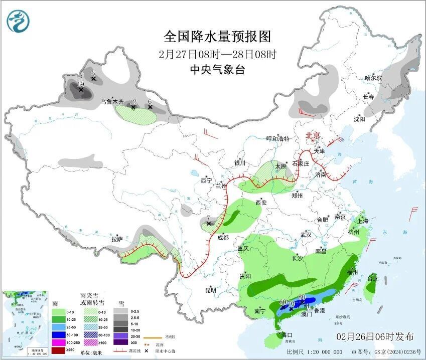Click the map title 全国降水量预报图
[217, 37]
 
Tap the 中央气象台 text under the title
[217, 70]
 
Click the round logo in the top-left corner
[18, 21]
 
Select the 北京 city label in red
[313, 135]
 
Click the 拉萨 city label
[117, 239]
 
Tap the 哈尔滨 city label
[373, 78]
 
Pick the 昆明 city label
[210, 290]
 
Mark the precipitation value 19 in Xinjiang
[80, 84]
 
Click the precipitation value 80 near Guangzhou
[302, 297]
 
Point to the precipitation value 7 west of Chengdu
[208, 218]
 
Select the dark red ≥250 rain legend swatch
[59, 349]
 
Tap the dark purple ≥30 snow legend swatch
[120, 342]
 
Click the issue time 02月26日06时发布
[375, 336]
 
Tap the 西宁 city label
[206, 180]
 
